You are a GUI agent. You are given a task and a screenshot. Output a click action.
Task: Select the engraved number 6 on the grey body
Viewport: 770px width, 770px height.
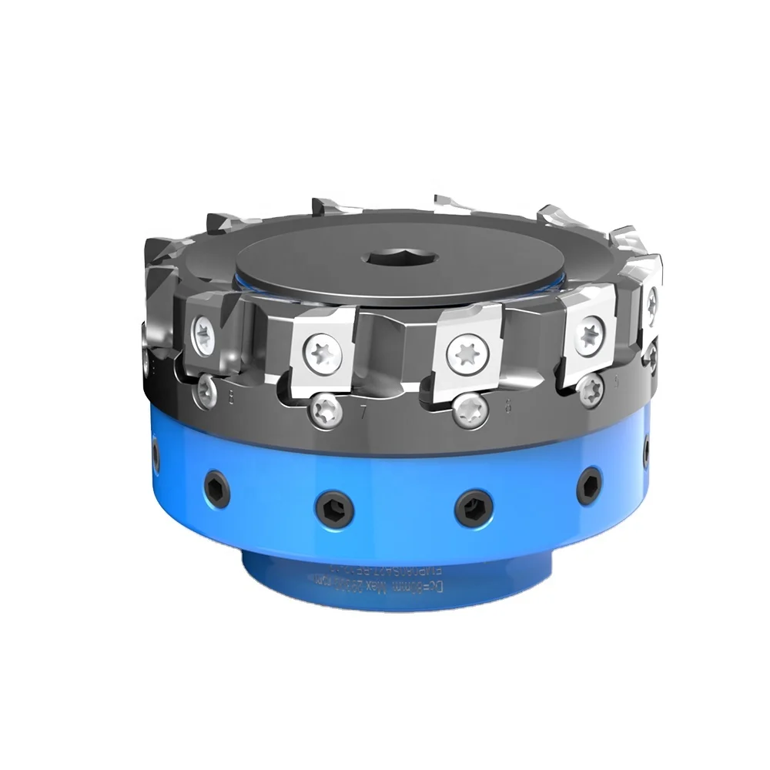point(507,408)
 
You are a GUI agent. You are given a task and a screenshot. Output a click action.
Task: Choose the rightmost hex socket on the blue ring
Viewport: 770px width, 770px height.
point(644,448)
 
